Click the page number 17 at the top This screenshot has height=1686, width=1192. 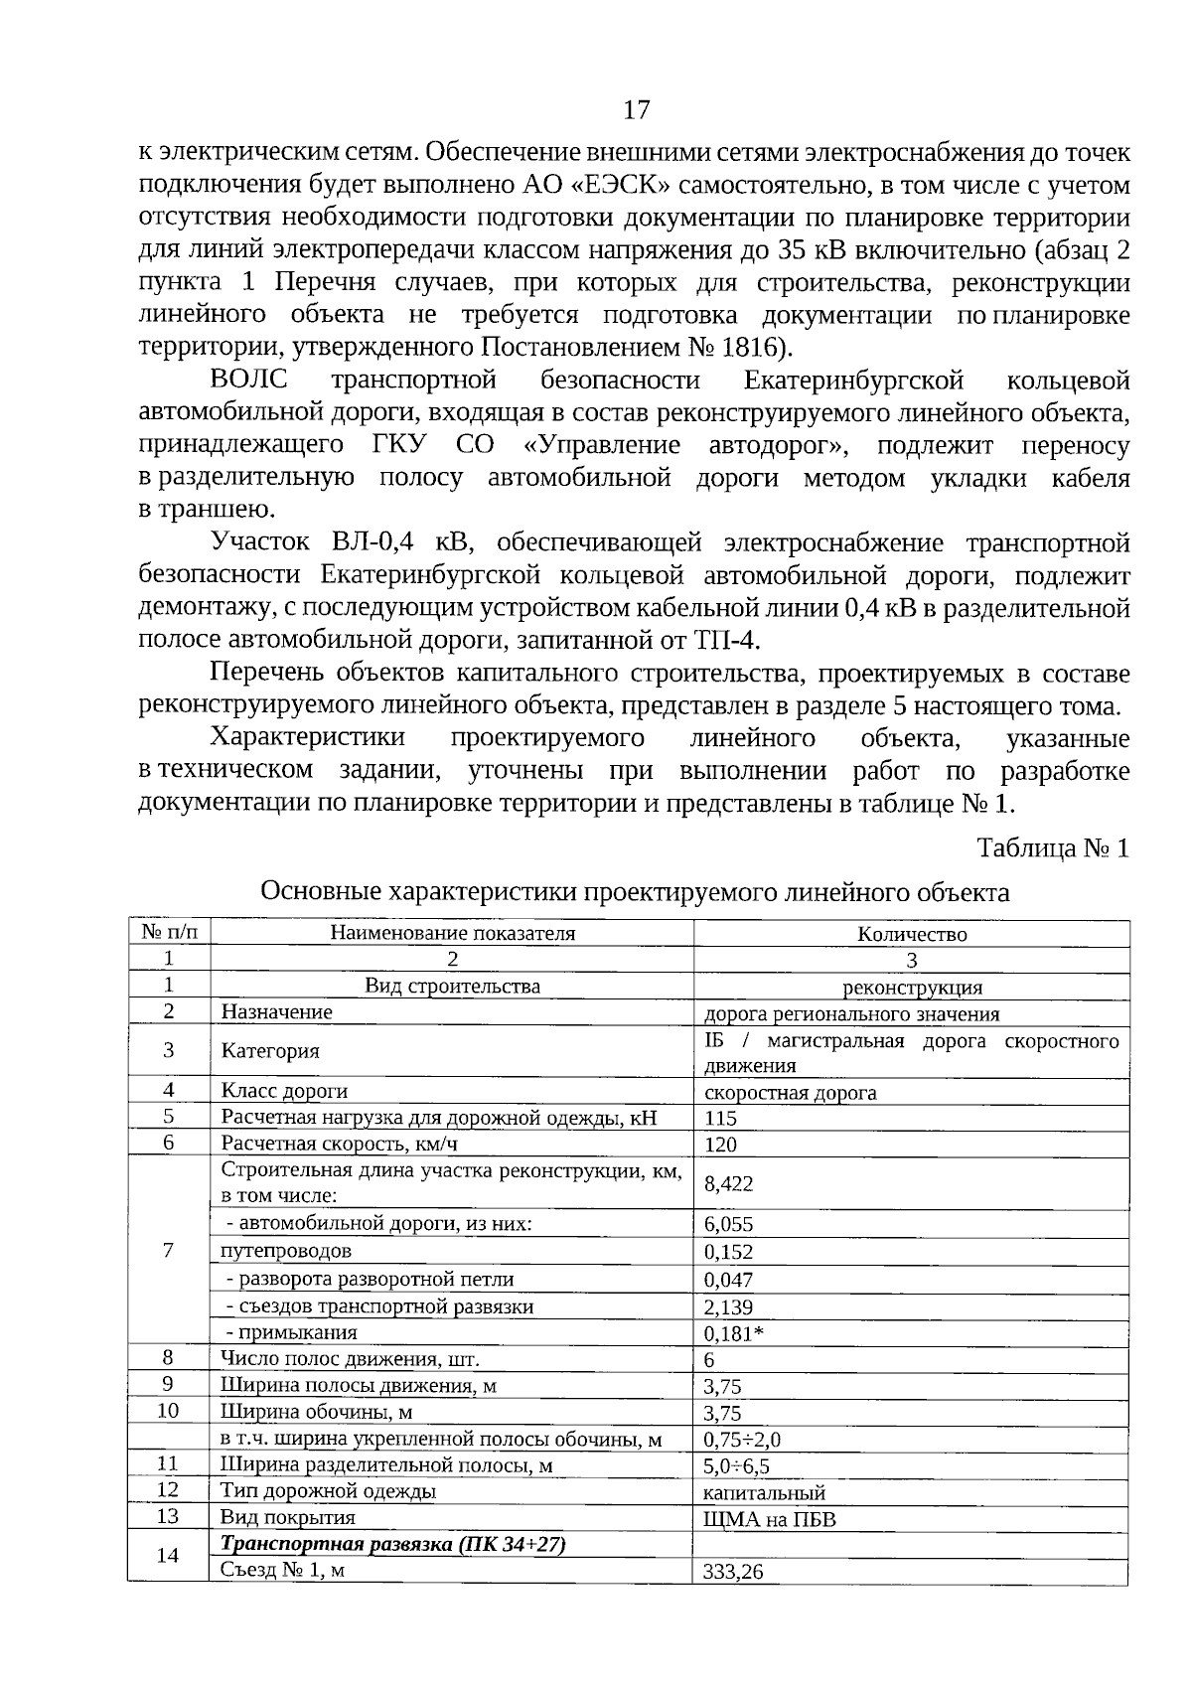tap(636, 109)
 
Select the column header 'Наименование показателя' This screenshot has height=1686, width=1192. tap(452, 933)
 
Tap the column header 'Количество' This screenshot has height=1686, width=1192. tap(911, 934)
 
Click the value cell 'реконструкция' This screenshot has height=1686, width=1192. tap(911, 988)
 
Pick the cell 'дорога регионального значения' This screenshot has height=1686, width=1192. tap(851, 1014)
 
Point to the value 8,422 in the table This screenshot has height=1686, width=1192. tap(728, 1183)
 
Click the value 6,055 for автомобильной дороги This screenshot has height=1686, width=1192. tap(728, 1225)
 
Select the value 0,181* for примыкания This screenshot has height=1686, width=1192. tap(733, 1333)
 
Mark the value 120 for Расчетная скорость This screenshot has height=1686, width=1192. tap(720, 1145)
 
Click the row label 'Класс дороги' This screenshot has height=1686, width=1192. tap(284, 1091)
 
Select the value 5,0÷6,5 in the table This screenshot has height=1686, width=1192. tap(737, 1466)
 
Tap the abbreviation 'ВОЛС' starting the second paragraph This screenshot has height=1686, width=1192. tap(248, 382)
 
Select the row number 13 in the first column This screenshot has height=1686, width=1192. tap(168, 1516)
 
